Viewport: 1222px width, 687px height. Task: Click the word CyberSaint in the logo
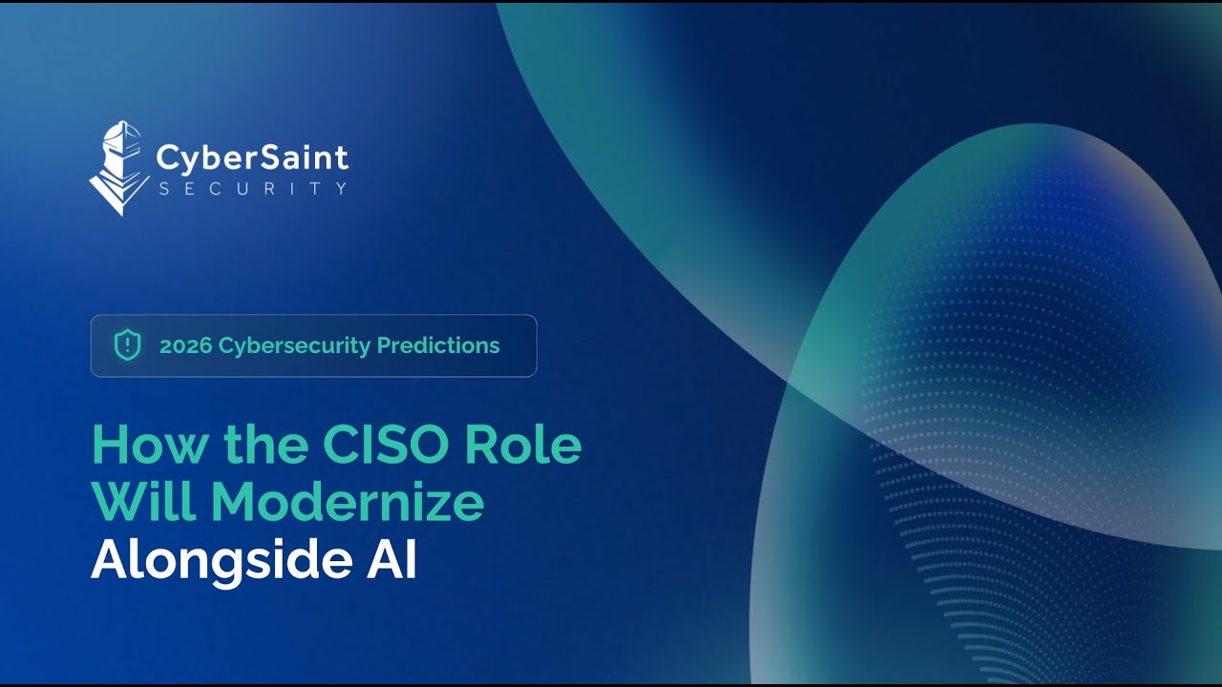(x=252, y=156)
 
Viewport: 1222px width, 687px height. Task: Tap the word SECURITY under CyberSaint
(x=252, y=188)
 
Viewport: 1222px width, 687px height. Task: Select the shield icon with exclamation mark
(x=127, y=345)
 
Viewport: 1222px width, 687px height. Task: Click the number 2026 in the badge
(x=185, y=345)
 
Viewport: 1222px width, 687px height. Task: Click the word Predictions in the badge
(x=438, y=345)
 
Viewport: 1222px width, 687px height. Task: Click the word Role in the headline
(x=537, y=444)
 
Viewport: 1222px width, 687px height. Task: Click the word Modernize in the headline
(x=348, y=503)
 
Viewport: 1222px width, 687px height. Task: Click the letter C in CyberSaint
(x=167, y=156)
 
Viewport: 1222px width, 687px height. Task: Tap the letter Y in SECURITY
(x=341, y=188)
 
